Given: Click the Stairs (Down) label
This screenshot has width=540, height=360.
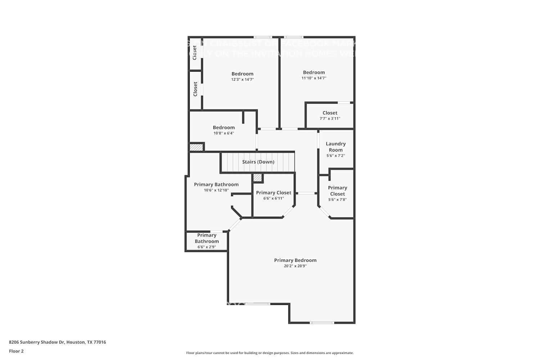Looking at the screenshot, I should pyautogui.click(x=258, y=162).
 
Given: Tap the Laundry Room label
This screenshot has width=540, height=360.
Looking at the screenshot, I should pyautogui.click(x=336, y=147).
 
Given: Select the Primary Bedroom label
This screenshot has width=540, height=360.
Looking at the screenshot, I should pyautogui.click(x=295, y=260).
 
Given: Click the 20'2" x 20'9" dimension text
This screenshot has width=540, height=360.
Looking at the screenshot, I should pyautogui.click(x=295, y=266).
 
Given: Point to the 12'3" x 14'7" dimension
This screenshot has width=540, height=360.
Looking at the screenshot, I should pyautogui.click(x=242, y=80).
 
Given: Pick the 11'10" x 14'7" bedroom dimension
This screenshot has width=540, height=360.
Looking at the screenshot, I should pyautogui.click(x=314, y=78).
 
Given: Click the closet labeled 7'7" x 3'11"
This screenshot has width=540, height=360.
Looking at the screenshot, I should pyautogui.click(x=330, y=115).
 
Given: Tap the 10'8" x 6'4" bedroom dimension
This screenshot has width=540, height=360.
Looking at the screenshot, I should pyautogui.click(x=224, y=133).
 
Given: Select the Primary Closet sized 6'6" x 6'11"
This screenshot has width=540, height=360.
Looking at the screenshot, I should pyautogui.click(x=274, y=195).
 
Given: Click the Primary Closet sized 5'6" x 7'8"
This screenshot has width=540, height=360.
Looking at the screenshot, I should pyautogui.click(x=337, y=193).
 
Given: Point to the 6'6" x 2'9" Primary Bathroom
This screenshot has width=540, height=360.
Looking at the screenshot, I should pyautogui.click(x=207, y=241).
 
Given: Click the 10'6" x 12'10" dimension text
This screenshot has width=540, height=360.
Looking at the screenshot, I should pyautogui.click(x=216, y=190).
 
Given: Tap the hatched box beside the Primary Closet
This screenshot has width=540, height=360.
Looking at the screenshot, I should pyautogui.click(x=257, y=177).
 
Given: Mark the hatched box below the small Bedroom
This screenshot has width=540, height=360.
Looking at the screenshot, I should pyautogui.click(x=196, y=147).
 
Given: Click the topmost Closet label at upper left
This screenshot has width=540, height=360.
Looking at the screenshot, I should pyautogui.click(x=195, y=53).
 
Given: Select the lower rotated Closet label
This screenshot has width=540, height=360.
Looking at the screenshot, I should pyautogui.click(x=195, y=89).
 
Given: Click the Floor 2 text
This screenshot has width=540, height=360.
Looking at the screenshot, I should pyautogui.click(x=16, y=351).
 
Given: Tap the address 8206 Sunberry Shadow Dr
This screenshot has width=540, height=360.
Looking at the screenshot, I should pyautogui.click(x=57, y=342).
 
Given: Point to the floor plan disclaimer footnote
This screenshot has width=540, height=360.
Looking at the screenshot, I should pyautogui.click(x=270, y=353).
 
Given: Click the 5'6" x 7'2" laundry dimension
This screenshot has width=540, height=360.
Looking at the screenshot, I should pyautogui.click(x=336, y=156).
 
